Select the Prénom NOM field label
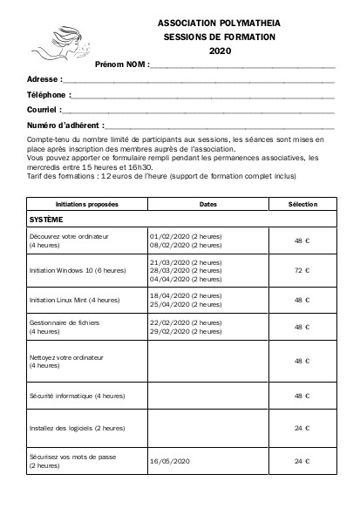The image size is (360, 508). (x=121, y=65)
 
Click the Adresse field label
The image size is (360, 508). (x=44, y=79)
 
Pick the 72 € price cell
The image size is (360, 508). (x=302, y=270)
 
